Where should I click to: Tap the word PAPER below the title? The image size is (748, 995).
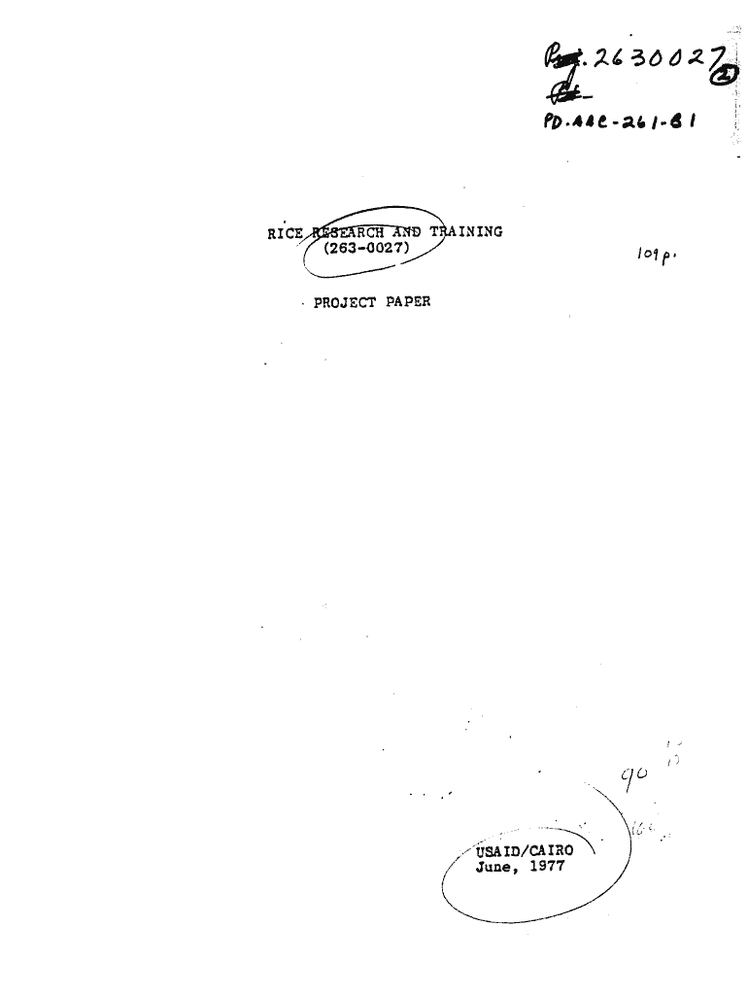(x=408, y=301)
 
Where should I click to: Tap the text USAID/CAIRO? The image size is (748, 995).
(x=525, y=851)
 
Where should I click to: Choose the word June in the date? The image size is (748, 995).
(x=493, y=867)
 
